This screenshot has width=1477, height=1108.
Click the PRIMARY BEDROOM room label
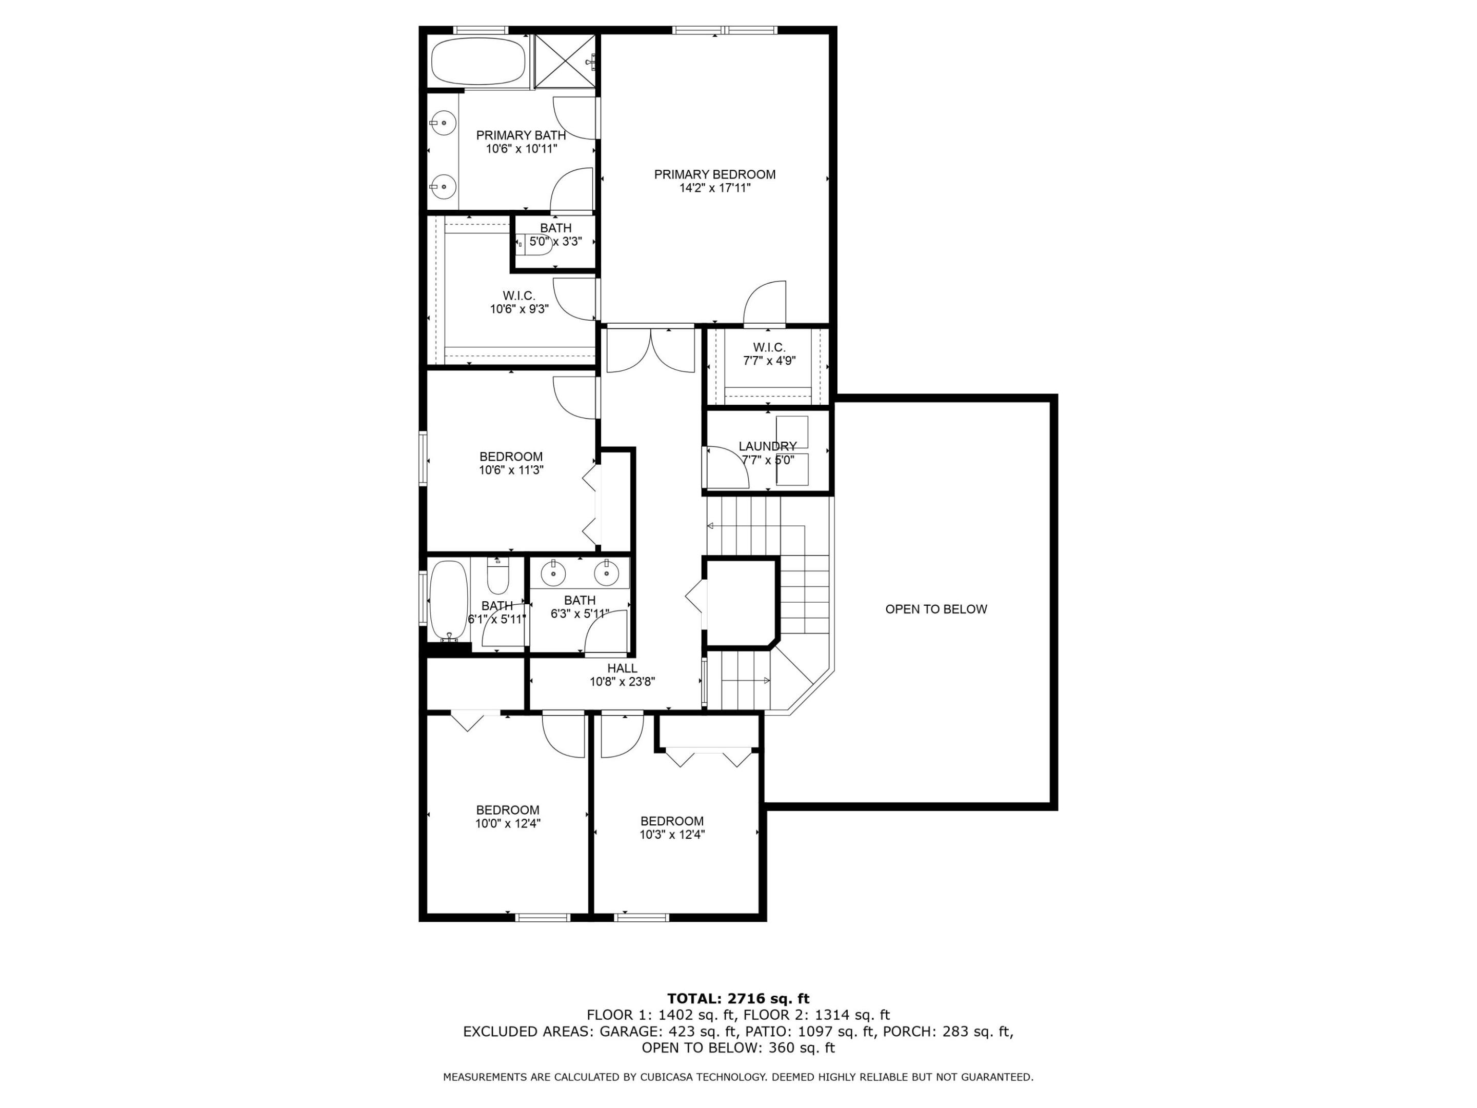[x=714, y=174]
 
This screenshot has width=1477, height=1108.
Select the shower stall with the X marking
[x=565, y=61]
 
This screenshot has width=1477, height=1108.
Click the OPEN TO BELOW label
[x=935, y=609]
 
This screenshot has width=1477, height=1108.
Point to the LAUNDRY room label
[x=767, y=446]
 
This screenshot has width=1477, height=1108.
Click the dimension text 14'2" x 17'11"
[x=714, y=188]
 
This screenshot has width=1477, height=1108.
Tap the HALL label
[x=622, y=668]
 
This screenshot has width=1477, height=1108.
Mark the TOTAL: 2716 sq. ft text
[x=738, y=998]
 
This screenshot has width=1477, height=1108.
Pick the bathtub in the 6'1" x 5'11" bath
[x=448, y=599]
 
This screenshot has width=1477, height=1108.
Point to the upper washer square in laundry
[x=792, y=431]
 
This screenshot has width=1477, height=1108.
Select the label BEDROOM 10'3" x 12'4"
[x=672, y=827]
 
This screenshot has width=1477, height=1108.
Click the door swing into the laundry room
[x=727, y=467]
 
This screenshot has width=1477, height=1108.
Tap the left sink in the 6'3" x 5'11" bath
[x=553, y=572]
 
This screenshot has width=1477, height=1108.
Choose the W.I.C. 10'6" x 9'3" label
[x=519, y=302]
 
